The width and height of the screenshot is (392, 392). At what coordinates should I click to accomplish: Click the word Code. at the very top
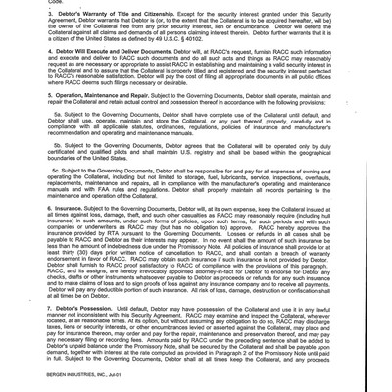point(28,3)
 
